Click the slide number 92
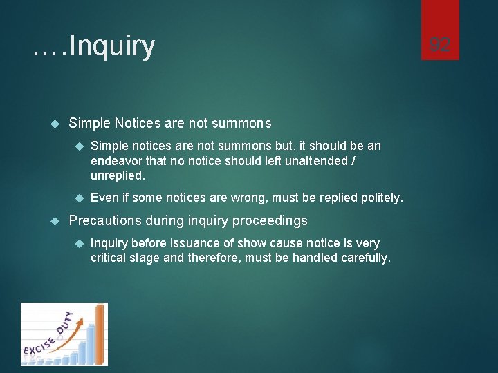(440, 46)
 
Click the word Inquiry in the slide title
(112, 46)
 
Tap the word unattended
(313, 161)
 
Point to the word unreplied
(118, 175)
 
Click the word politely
(381, 198)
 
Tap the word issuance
(201, 243)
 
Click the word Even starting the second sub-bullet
(104, 198)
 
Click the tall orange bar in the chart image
(99, 334)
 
